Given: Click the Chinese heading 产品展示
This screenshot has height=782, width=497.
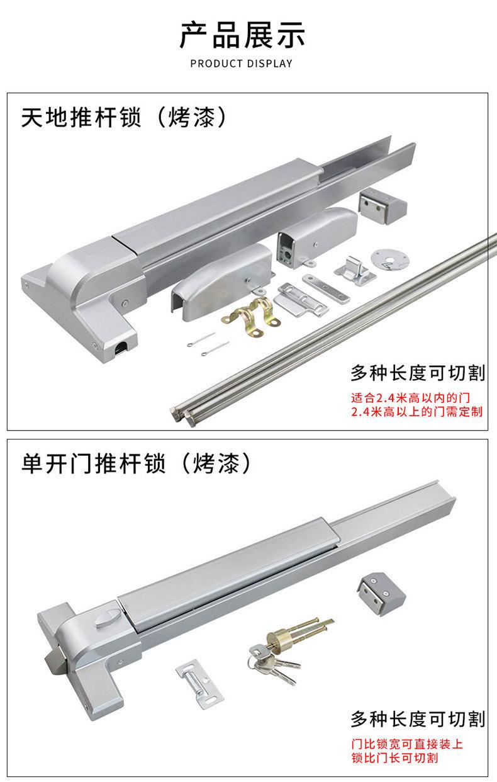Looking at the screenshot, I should click(x=242, y=35).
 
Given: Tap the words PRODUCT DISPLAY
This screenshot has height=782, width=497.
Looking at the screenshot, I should click(x=242, y=64).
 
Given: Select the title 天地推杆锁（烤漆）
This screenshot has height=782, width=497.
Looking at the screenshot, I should click(x=123, y=117).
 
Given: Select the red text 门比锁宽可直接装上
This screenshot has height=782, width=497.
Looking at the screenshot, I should click(x=407, y=744).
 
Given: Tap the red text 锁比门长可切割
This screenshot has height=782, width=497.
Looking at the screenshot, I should click(x=394, y=758).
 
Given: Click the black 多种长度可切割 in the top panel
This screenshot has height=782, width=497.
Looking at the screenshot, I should click(x=418, y=373).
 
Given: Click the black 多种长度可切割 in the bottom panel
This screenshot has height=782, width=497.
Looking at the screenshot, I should click(x=418, y=719).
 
